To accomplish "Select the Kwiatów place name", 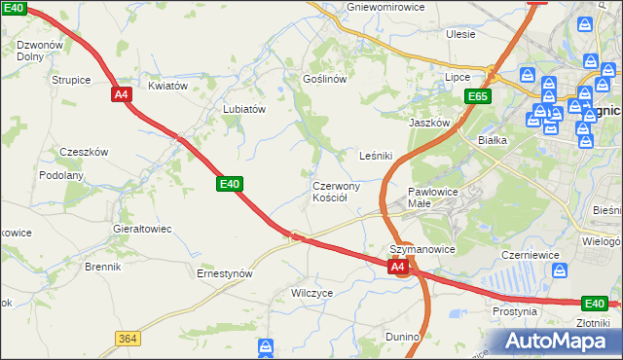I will (167, 86).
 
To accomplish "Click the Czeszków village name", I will (84, 152).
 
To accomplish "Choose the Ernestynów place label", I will (225, 274).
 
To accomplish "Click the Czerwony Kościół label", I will (336, 191).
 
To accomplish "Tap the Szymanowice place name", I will (422, 249).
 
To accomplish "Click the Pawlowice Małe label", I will (433, 198).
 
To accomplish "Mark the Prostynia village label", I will (514, 312).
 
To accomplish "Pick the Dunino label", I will (402, 337).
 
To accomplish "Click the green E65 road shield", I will (477, 96).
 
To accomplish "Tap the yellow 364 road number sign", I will (126, 339).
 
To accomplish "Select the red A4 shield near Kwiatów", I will (121, 94).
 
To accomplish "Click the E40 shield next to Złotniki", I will (594, 303).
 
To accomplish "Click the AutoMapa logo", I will (562, 341).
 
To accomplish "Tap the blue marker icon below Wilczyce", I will (268, 346).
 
